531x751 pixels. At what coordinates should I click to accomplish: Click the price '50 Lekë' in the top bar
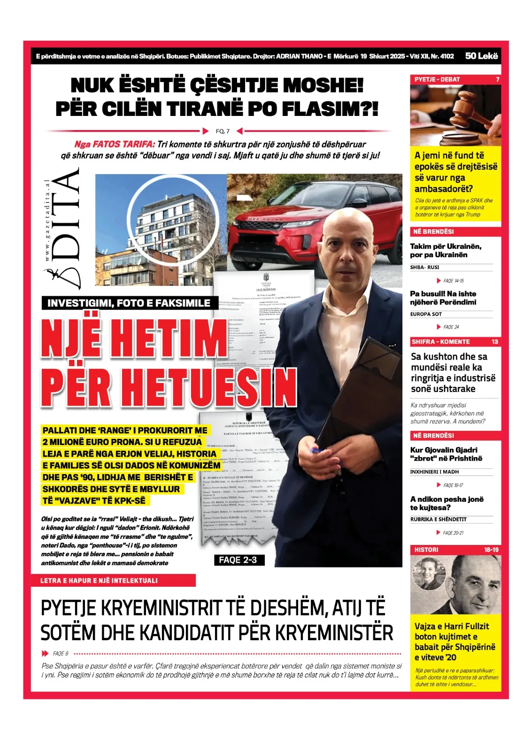481,56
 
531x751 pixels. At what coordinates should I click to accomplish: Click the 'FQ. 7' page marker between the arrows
223,131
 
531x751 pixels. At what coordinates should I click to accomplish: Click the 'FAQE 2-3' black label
238,560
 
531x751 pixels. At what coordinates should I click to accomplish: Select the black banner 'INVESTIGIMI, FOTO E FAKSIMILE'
129,303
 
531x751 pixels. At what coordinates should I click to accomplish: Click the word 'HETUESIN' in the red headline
212,388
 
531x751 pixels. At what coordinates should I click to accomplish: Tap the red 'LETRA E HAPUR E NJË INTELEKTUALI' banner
100,581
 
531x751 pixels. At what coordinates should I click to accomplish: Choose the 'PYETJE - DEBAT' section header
437,80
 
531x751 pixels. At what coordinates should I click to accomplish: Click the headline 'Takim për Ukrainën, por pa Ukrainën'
446,251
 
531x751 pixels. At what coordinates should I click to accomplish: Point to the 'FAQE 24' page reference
451,327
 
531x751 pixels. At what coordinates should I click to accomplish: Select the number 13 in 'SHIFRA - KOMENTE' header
495,342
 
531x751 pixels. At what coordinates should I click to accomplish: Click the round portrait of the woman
428,574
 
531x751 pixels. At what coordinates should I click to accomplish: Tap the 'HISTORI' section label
426,550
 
